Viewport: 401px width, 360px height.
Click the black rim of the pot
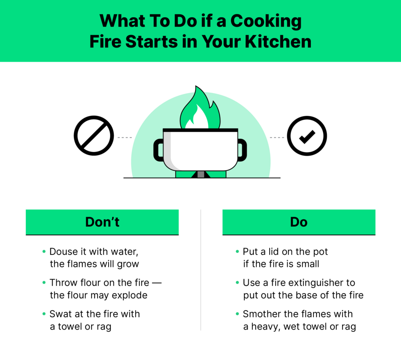[200, 130]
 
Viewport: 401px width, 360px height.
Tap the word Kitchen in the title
[278, 41]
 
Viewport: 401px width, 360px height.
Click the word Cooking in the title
[266, 21]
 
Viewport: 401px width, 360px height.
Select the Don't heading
[102, 222]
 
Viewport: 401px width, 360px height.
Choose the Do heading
[299, 222]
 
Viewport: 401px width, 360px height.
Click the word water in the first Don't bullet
[125, 252]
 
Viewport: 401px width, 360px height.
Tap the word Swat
[61, 314]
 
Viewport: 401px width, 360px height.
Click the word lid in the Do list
[273, 252]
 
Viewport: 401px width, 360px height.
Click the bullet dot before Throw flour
[44, 283]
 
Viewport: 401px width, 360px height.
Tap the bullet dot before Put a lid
[237, 252]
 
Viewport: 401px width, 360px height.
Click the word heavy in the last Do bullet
[265, 327]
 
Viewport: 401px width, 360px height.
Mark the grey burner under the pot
[201, 174]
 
